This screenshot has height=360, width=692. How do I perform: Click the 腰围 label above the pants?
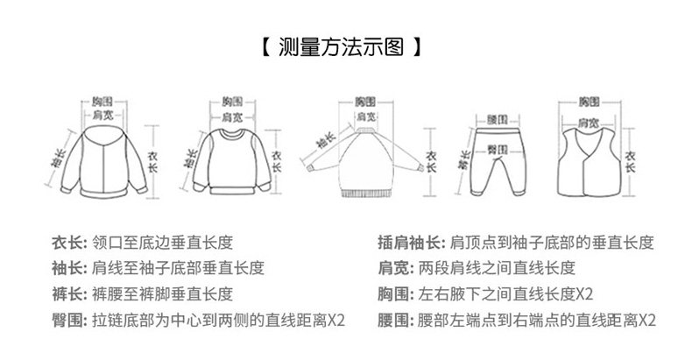pos(498,117)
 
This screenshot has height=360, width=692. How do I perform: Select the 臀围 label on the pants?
pos(498,150)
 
